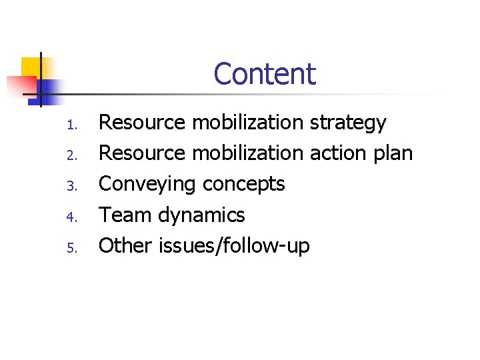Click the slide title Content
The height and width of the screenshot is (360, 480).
click(x=265, y=74)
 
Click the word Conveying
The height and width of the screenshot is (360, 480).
click(x=147, y=185)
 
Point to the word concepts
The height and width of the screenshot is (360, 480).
click(x=243, y=185)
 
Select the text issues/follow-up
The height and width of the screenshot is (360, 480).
click(x=234, y=246)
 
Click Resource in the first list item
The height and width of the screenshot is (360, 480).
click(x=142, y=123)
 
